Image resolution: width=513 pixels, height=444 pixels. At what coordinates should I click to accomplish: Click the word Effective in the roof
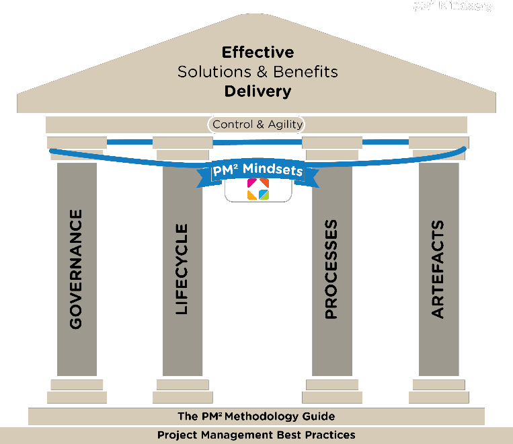pos(258,52)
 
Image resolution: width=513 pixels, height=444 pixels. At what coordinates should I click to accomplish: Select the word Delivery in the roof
pos(258,90)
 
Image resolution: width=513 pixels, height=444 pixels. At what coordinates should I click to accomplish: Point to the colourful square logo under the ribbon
pos(258,189)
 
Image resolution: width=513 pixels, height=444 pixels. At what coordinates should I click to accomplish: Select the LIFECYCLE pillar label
pos(182,270)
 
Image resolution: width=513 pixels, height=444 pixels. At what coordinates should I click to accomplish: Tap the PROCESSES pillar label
pos(331,269)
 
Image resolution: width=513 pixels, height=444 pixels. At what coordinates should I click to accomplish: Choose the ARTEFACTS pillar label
pos(438,269)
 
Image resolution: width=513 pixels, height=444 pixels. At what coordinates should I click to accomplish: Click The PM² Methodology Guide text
pos(256,416)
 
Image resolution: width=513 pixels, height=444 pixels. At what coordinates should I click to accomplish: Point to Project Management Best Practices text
pos(256,435)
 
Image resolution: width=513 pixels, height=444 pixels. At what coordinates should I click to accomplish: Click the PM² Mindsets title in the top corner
pos(452,7)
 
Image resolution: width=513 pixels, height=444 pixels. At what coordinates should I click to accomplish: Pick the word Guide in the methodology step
pos(319,416)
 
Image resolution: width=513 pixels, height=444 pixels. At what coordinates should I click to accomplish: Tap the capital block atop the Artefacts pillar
pos(438,143)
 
